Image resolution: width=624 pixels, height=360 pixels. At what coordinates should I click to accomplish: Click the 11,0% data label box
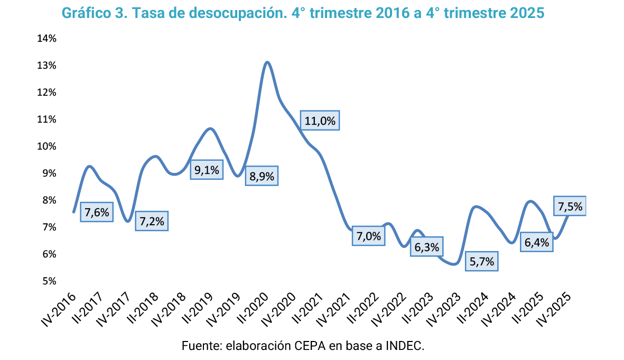click(x=320, y=121)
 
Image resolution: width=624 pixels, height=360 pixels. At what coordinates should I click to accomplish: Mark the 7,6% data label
click(x=97, y=213)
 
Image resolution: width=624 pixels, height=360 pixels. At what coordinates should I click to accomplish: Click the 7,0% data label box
click(x=368, y=236)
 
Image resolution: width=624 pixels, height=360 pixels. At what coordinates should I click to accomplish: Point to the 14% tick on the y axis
click(x=47, y=39)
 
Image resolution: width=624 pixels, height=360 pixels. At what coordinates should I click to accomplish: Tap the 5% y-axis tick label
click(x=49, y=281)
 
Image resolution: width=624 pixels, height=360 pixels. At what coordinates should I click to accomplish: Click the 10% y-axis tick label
click(x=47, y=146)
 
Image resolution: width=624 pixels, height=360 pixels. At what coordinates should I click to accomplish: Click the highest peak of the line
click(x=267, y=62)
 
